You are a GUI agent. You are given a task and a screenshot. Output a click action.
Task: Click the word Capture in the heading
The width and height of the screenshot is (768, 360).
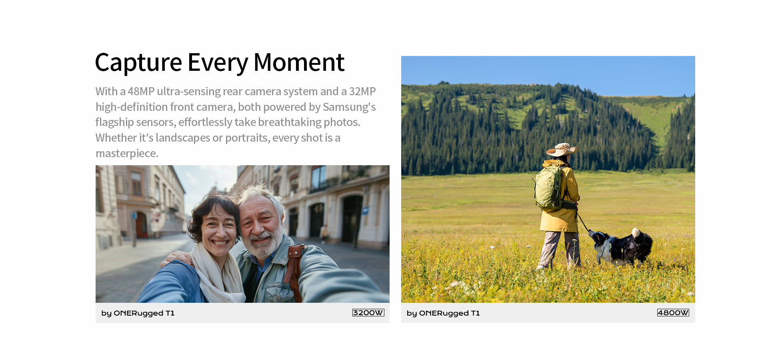click(138, 63)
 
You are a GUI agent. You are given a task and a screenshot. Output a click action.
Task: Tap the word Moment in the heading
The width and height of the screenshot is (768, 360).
click(299, 63)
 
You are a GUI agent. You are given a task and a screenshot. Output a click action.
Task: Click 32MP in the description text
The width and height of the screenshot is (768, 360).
click(362, 92)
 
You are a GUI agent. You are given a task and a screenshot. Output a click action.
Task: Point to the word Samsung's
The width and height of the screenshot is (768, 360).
click(349, 107)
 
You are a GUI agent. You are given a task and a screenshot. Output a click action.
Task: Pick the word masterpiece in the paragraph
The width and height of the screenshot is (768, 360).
click(127, 154)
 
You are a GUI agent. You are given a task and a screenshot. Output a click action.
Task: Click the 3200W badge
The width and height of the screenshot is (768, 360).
click(368, 313)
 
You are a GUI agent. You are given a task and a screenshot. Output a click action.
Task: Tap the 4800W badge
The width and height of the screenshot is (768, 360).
click(673, 313)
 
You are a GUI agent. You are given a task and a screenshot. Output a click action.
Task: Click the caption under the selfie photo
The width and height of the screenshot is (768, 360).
click(138, 313)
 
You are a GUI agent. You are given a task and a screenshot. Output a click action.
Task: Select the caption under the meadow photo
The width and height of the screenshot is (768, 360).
click(443, 313)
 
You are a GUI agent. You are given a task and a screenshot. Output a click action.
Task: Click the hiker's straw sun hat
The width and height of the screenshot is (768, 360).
click(562, 150)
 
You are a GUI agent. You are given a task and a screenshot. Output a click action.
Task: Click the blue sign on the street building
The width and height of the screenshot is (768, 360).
click(365, 211)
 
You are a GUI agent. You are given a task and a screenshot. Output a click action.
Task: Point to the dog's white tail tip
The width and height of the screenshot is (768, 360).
click(636, 232)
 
